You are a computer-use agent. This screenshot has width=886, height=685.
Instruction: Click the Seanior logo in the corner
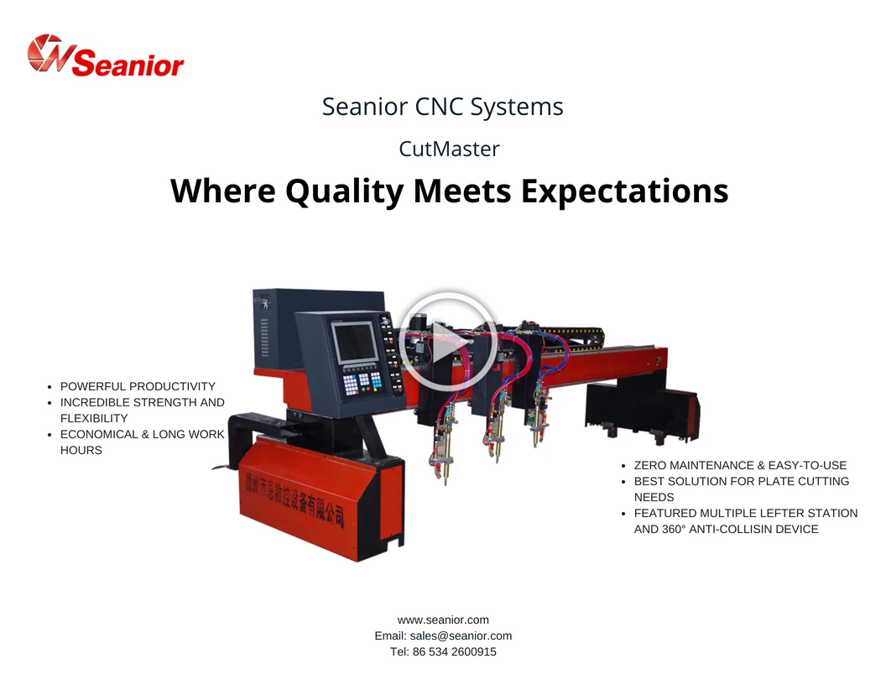(x=106, y=55)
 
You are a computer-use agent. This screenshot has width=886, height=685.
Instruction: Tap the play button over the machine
(x=447, y=342)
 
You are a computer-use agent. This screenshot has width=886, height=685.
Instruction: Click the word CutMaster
(x=449, y=149)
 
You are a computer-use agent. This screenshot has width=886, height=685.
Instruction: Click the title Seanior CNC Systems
(x=442, y=107)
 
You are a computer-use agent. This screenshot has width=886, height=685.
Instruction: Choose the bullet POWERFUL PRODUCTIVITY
(x=138, y=387)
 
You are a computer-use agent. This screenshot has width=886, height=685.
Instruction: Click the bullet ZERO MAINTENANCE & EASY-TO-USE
(x=740, y=466)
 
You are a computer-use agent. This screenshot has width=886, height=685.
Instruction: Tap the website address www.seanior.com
(x=443, y=620)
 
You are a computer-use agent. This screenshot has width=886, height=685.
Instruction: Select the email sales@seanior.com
(x=461, y=635)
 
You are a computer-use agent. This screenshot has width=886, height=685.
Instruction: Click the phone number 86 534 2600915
(x=454, y=651)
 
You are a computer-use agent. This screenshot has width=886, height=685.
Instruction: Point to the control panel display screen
(x=354, y=342)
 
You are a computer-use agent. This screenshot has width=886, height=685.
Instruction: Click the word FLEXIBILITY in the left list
(x=94, y=419)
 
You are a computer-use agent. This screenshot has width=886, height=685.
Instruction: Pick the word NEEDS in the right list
(x=654, y=497)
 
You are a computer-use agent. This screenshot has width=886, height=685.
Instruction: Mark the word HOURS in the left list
(x=81, y=451)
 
